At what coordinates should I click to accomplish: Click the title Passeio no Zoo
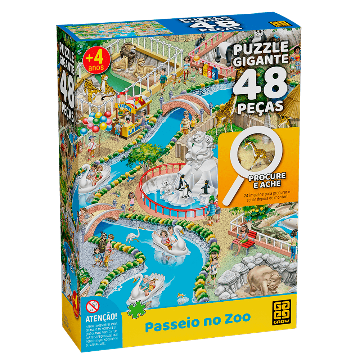click(x=198, y=318)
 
